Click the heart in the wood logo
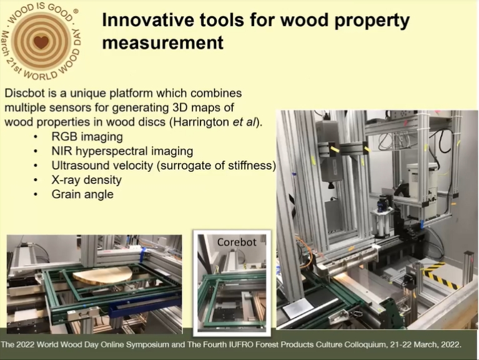41,42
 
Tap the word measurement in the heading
163,42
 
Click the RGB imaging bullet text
87,137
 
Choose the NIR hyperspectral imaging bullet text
122,151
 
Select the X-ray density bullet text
86,180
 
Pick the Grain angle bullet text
82,194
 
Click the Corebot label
237,242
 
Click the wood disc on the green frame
103,275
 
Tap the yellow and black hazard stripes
440,274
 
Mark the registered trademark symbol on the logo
76,11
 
